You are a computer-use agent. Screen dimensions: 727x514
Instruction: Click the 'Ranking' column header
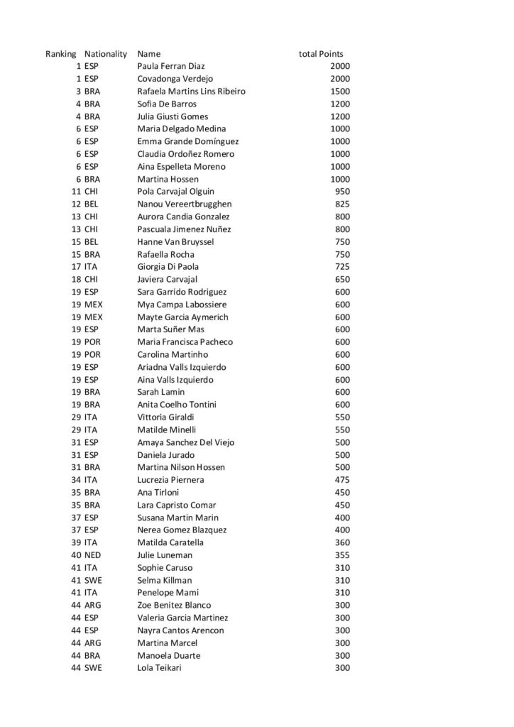(x=60, y=54)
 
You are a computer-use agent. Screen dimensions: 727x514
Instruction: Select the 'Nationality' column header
(x=106, y=54)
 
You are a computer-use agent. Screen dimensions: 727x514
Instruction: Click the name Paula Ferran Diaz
(x=171, y=66)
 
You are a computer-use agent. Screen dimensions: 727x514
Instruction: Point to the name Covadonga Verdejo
(x=175, y=79)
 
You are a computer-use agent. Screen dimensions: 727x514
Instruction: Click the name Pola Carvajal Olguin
(x=175, y=192)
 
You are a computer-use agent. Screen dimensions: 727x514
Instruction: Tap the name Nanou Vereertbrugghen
(x=185, y=204)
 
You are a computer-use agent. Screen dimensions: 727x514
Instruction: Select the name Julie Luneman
(x=165, y=555)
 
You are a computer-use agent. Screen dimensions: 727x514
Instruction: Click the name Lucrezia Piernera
(x=170, y=480)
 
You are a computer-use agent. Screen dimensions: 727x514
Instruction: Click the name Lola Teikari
(x=159, y=668)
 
